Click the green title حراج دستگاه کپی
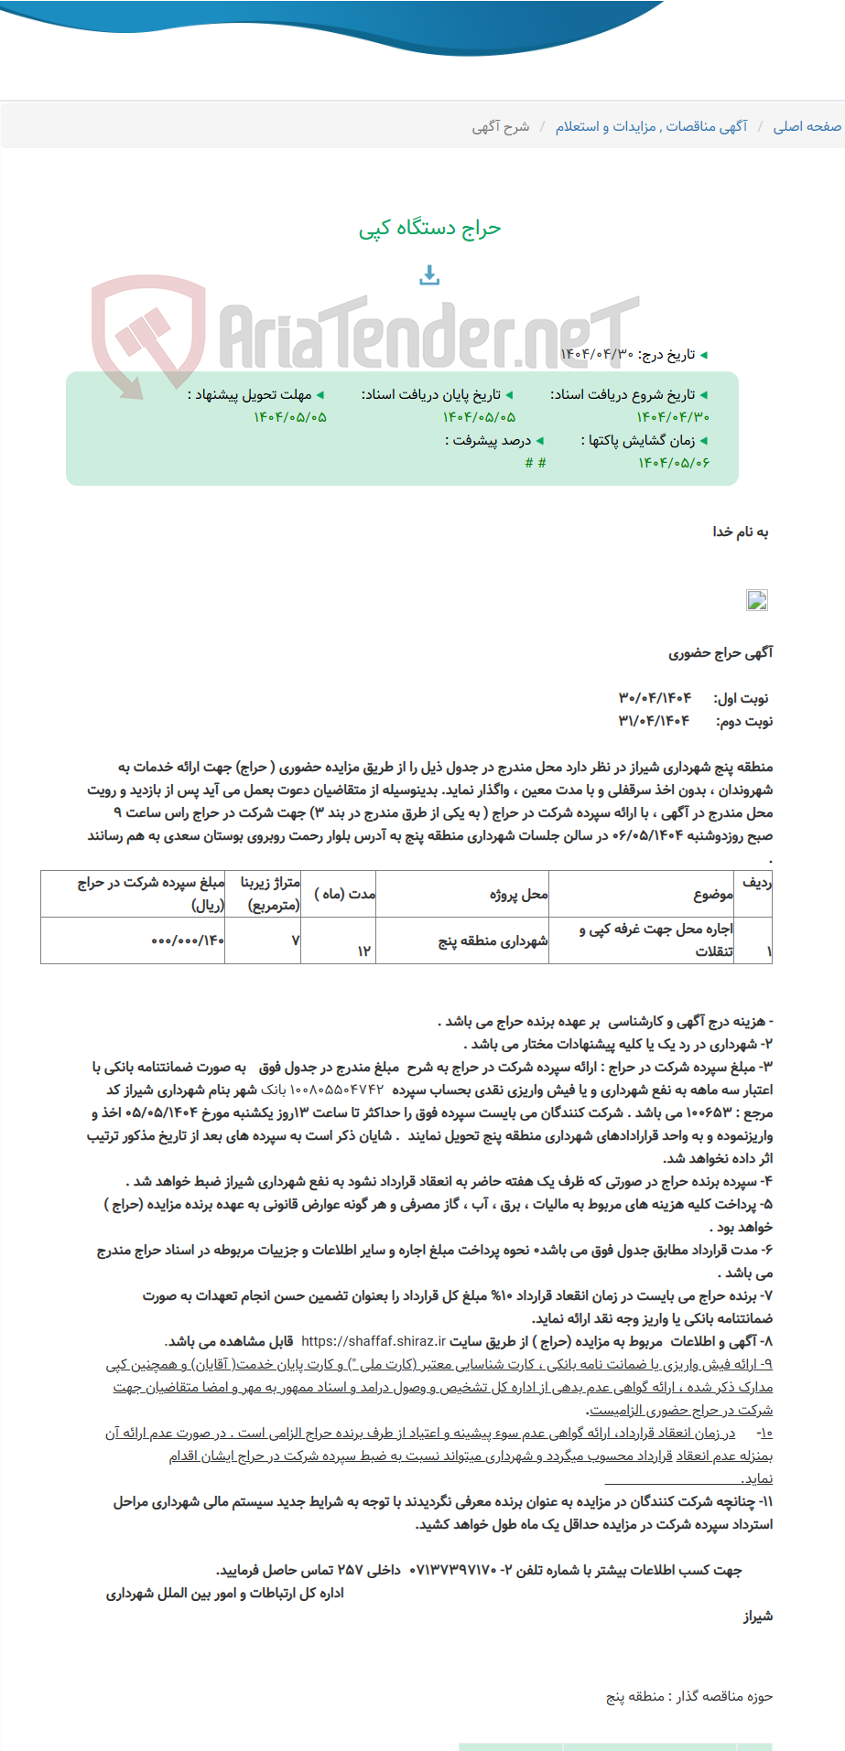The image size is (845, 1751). [x=429, y=229]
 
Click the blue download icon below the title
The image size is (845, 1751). [x=429, y=274]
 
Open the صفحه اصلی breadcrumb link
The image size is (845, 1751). [x=807, y=126]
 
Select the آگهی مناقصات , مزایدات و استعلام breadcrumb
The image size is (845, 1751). [x=651, y=126]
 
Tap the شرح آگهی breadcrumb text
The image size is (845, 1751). [x=500, y=126]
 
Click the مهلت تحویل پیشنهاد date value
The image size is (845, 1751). [x=289, y=417]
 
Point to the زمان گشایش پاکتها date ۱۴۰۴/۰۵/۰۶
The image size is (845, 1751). [x=674, y=463]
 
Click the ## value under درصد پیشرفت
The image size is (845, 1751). [x=536, y=463]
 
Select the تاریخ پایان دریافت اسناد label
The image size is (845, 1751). [x=437, y=395]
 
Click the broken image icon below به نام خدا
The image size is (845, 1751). [x=757, y=600]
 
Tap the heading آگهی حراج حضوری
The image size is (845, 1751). [x=720, y=653]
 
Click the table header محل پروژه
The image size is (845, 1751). [x=518, y=894]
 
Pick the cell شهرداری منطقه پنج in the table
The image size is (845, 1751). [x=493, y=940]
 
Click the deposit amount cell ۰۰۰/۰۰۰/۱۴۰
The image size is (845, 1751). [x=187, y=940]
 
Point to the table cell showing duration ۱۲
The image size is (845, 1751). [x=363, y=951]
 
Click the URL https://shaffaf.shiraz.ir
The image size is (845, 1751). [x=373, y=1341]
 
